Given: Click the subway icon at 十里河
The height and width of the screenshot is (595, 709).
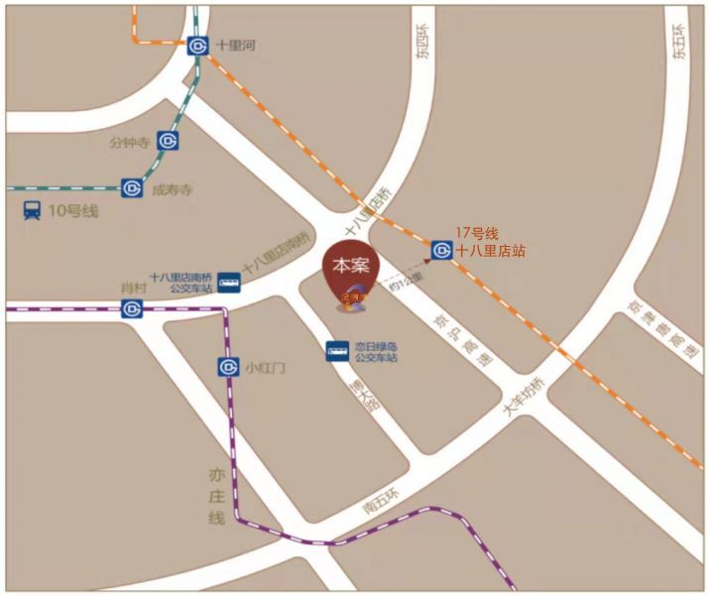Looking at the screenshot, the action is tap(198, 46).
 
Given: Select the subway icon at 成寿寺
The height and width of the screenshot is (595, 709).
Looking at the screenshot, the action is tap(132, 187).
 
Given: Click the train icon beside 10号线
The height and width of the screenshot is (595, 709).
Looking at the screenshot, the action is tap(32, 211).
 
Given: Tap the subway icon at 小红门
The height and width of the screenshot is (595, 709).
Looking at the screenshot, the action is tap(226, 368).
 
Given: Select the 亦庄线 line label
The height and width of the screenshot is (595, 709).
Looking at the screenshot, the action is tap(217, 496).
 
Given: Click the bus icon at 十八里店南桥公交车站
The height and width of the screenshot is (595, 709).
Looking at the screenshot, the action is tap(229, 283).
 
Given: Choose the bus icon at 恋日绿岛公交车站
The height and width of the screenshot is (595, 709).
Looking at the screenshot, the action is tap(337, 351).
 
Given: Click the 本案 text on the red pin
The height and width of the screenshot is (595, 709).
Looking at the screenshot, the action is tap(349, 266).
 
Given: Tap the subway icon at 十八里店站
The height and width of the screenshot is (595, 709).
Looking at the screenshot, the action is tap(441, 250).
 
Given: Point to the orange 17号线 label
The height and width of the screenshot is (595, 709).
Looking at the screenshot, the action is tap(476, 234).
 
